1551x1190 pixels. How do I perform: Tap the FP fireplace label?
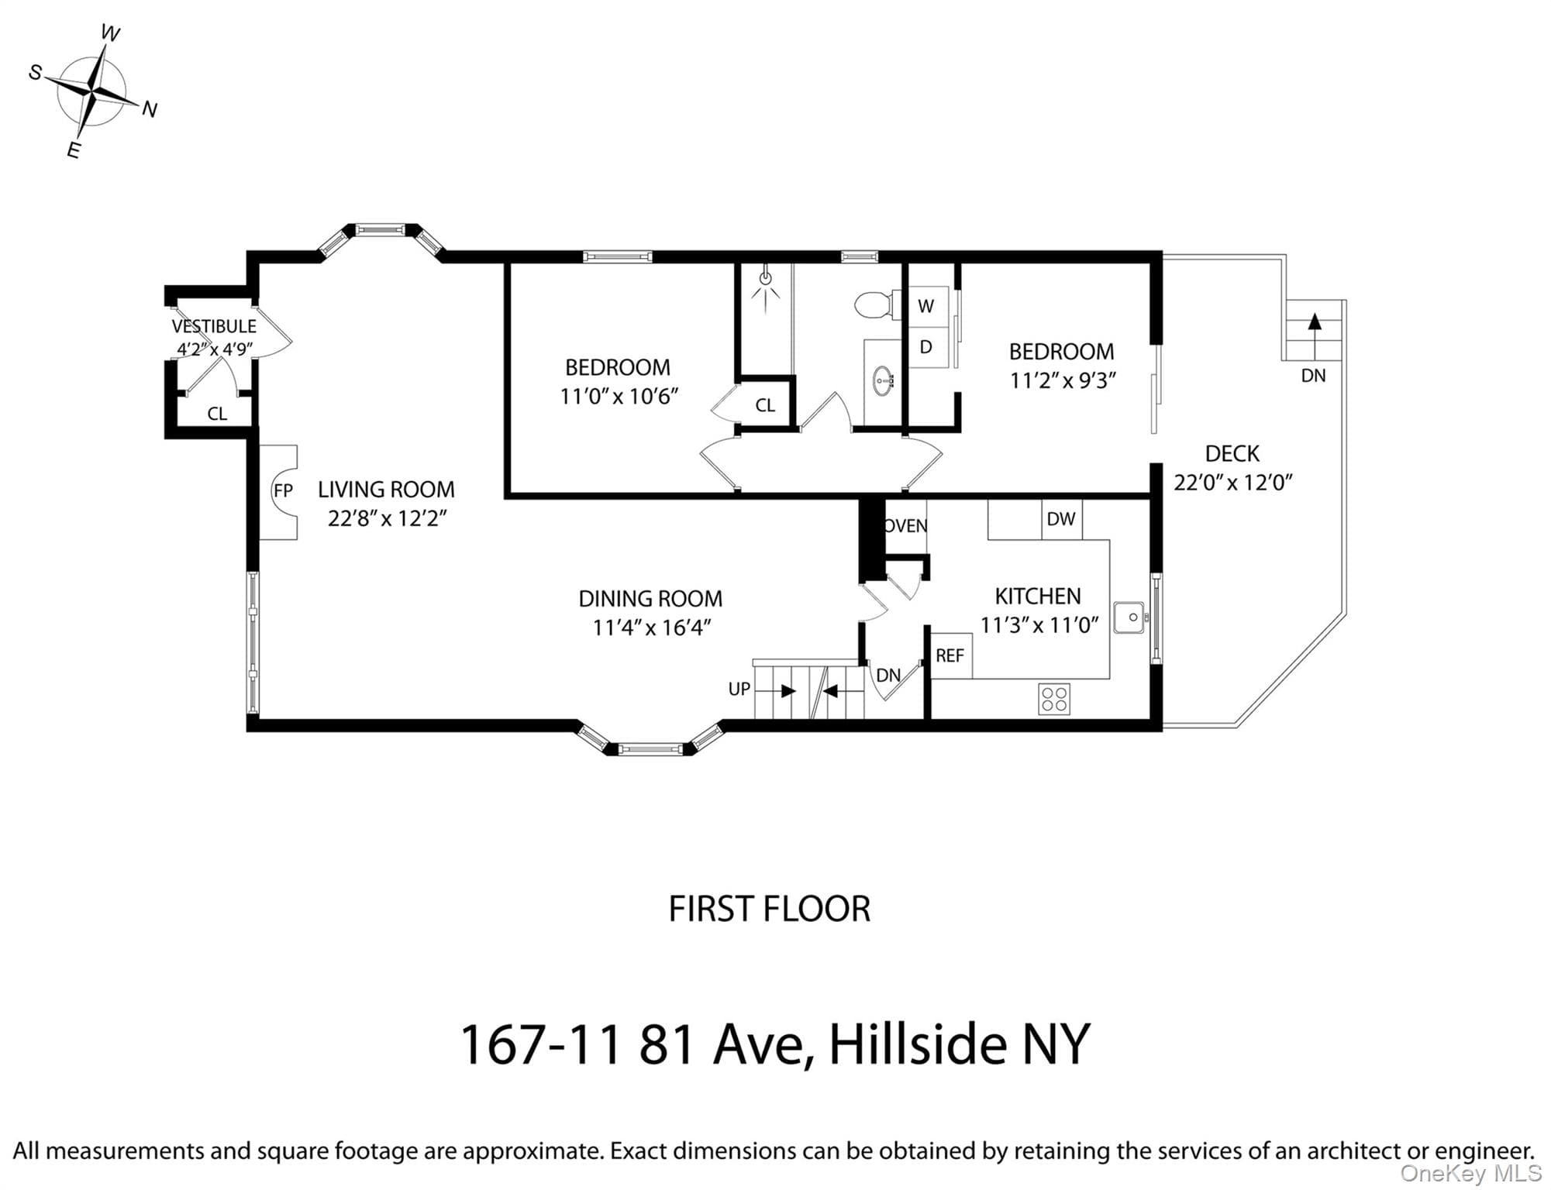point(283,490)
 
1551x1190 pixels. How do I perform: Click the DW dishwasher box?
point(1061,519)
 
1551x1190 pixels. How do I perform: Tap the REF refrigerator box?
point(950,655)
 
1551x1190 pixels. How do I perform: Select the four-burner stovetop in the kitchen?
point(1054,699)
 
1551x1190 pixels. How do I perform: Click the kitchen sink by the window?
point(1129,617)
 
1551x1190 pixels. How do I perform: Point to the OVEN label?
point(906,526)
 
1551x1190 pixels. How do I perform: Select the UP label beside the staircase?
point(739,689)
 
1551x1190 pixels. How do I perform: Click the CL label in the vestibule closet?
point(217,414)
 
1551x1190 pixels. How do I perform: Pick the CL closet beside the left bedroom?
point(765,404)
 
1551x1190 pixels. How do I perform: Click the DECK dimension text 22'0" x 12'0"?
point(1232,483)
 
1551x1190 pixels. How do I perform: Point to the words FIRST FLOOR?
point(770,909)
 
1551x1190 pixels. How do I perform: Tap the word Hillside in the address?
point(918,1044)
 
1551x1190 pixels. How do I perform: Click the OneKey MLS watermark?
point(1470,1173)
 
